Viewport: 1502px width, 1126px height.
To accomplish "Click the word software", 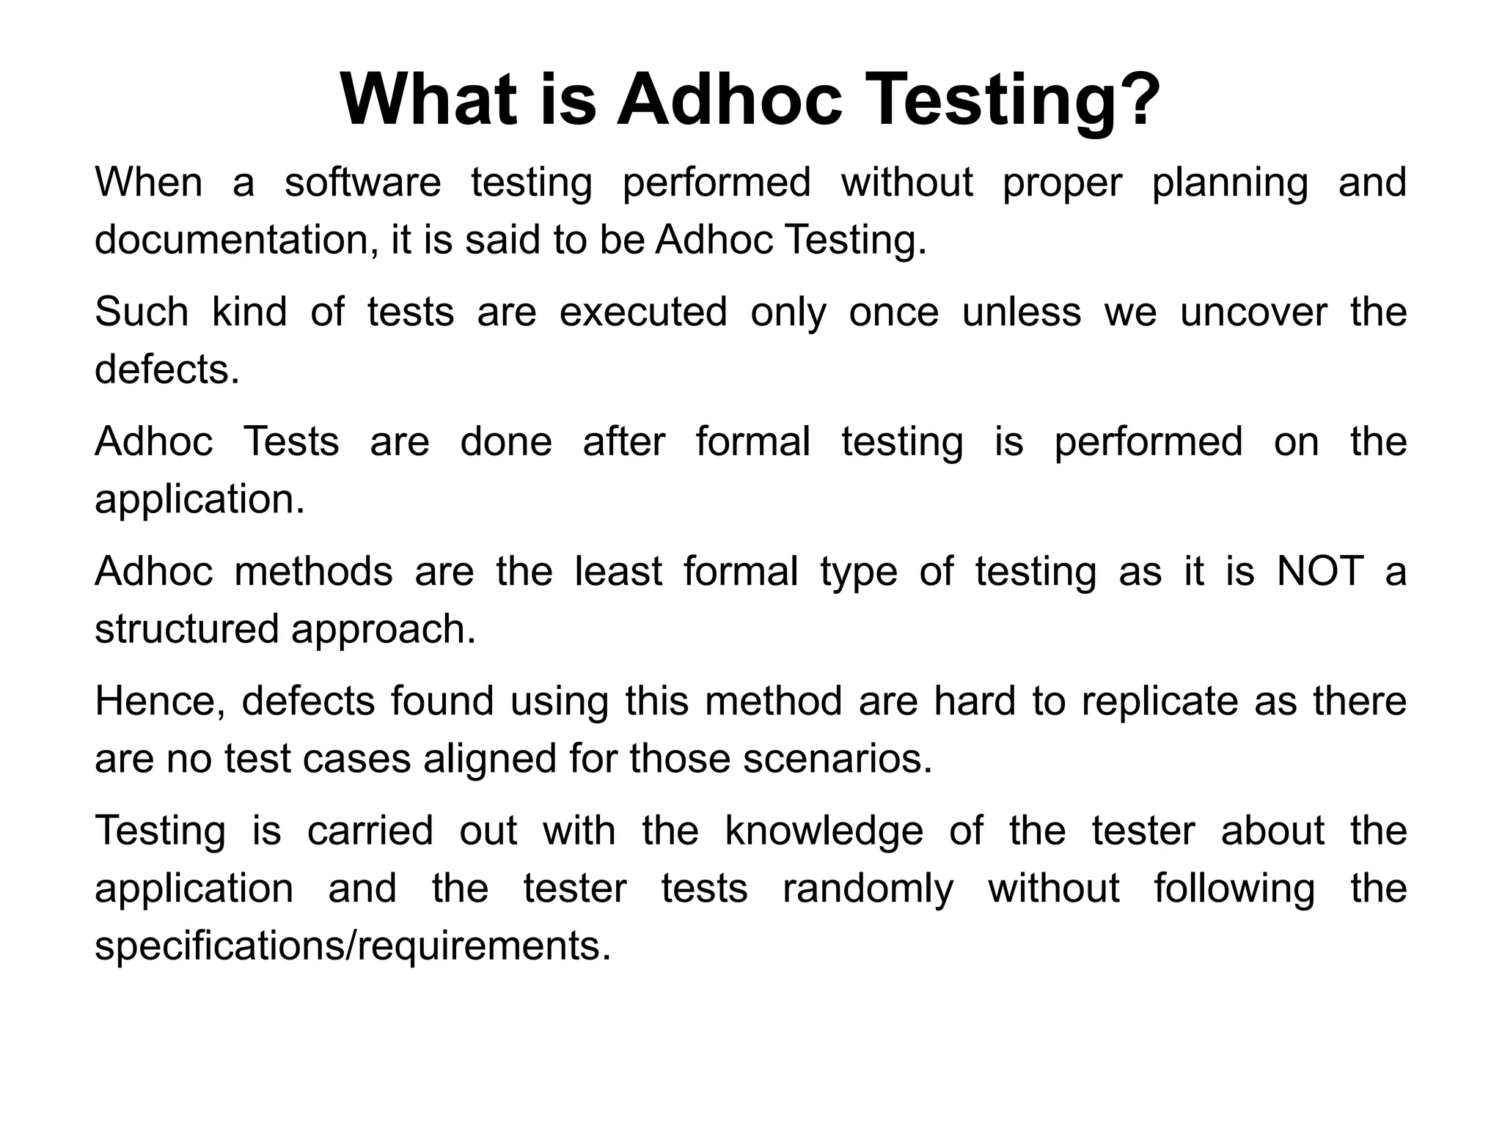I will click(363, 183).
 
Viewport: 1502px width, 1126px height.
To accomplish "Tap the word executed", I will click(643, 312).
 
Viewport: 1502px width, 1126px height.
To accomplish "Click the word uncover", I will click(1253, 312).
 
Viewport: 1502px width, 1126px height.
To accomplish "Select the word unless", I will click(1022, 312).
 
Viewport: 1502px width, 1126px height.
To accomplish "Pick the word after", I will click(624, 442).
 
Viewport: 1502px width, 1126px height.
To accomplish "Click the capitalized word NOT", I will click(1320, 572).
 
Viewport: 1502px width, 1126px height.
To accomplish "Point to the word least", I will click(618, 572).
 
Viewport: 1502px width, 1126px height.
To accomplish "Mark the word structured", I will click(187, 629).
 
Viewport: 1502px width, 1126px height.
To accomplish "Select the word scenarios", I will click(837, 759).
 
